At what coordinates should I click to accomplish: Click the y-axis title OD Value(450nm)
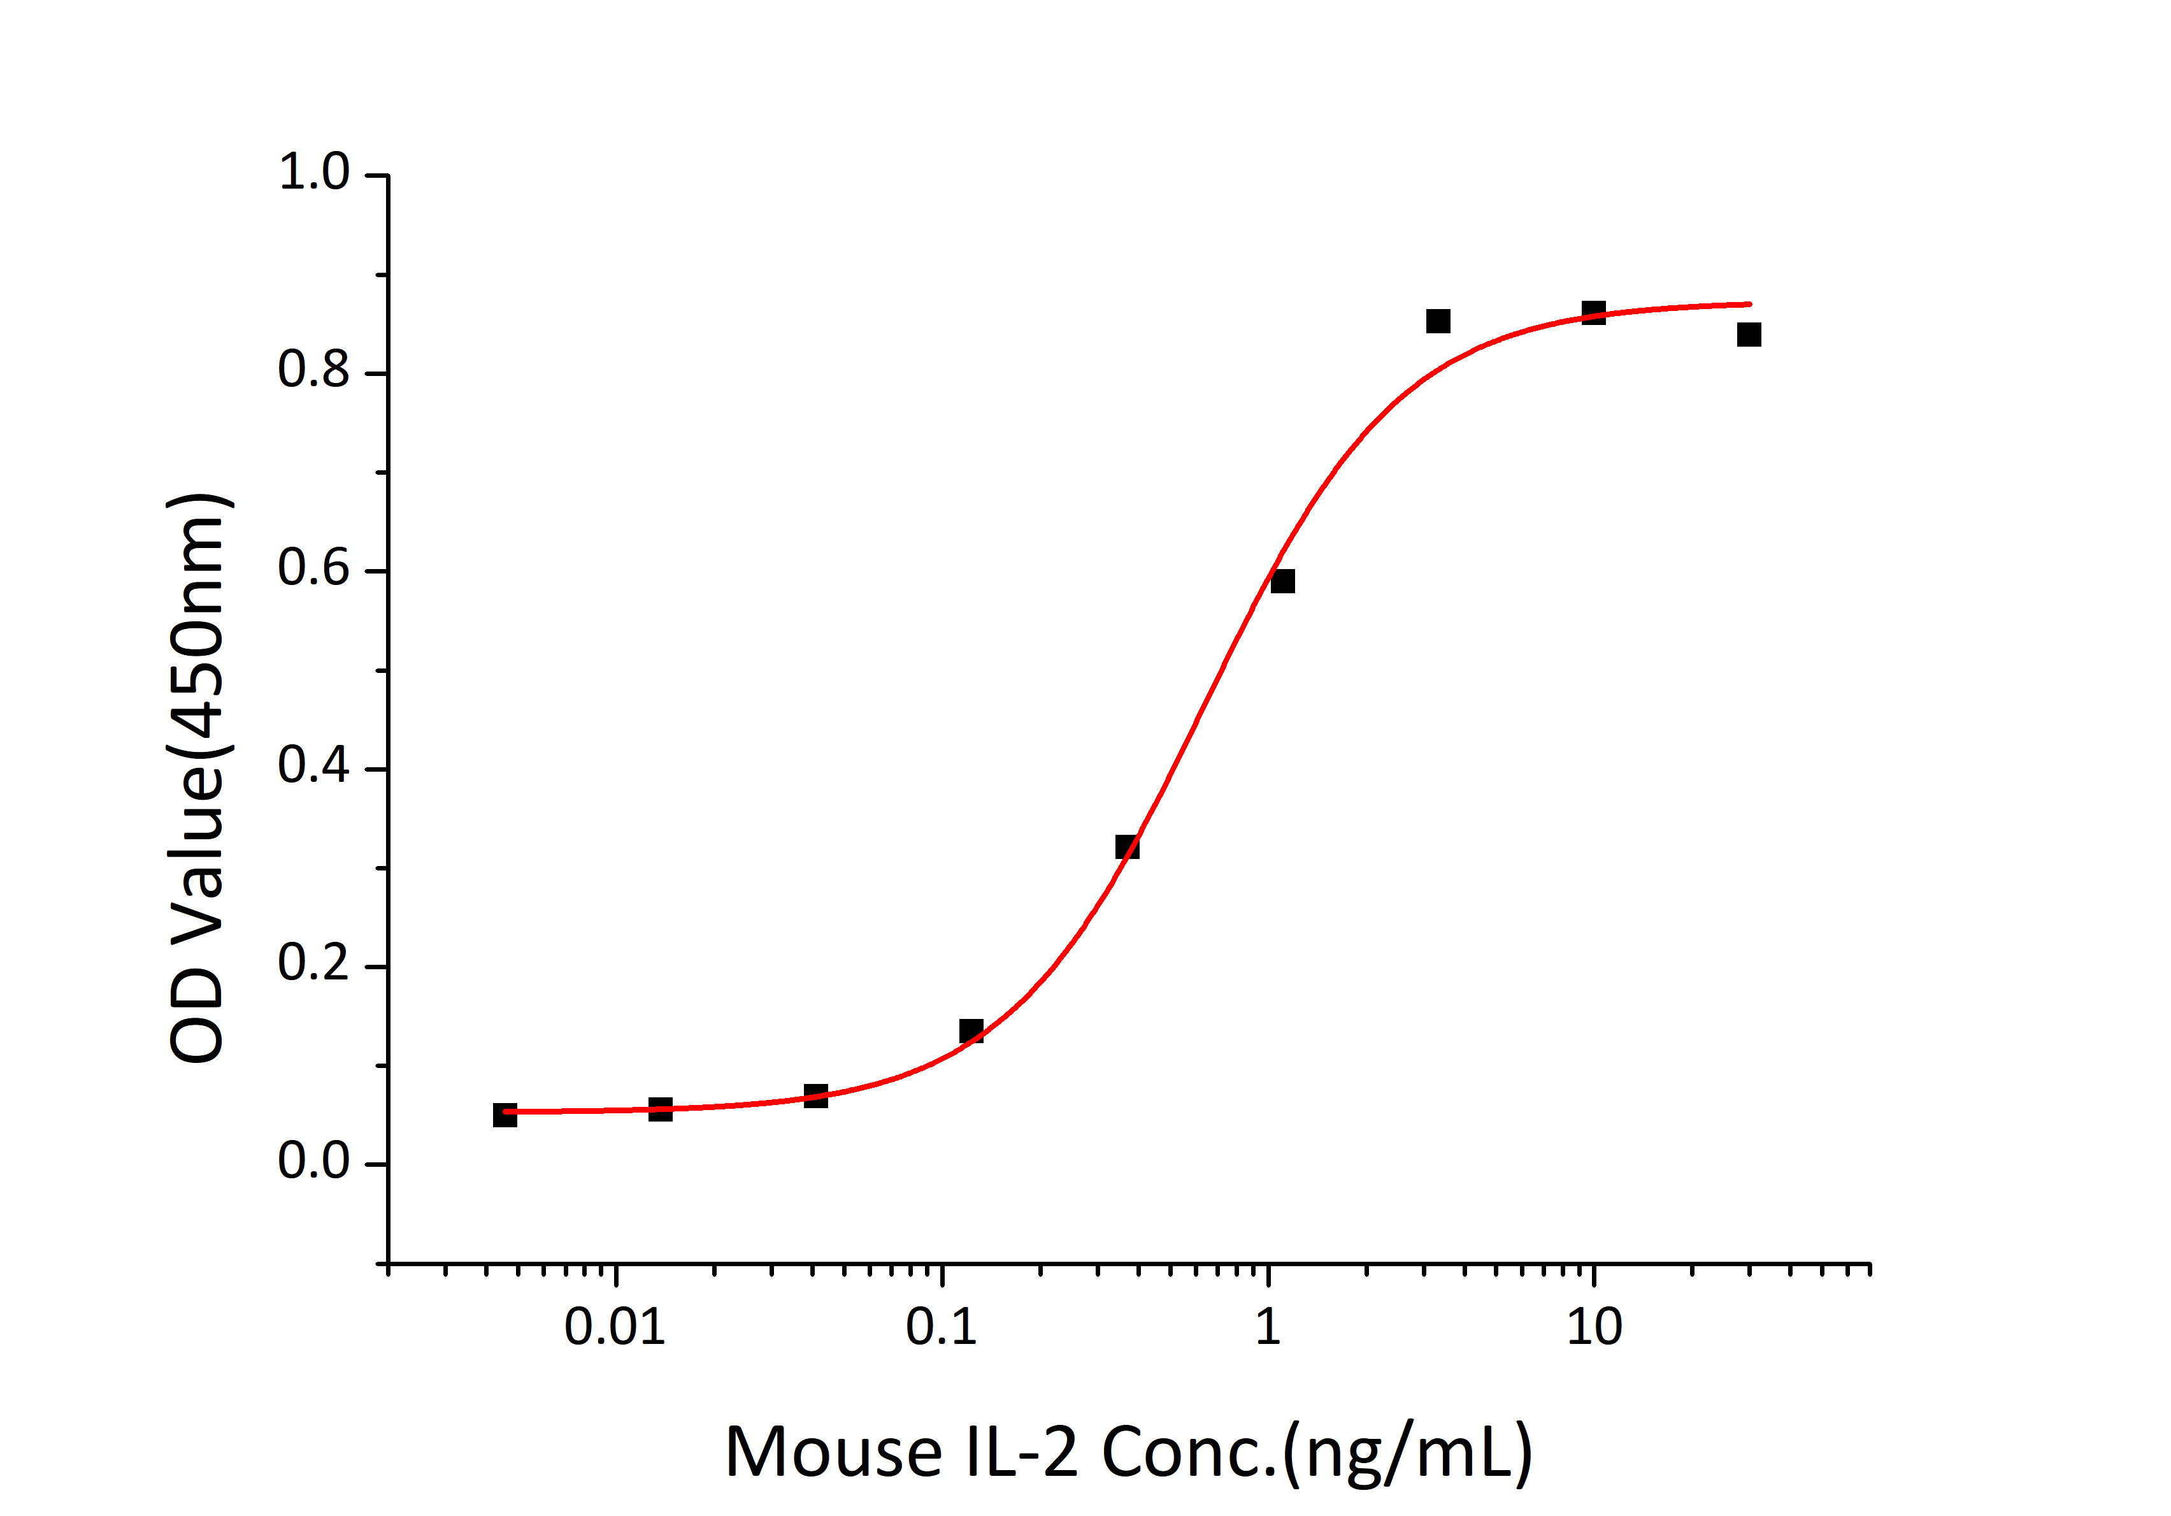coord(197,777)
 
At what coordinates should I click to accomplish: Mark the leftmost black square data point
coord(505,1115)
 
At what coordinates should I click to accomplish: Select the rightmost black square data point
coord(1749,335)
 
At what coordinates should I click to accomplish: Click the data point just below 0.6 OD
coord(1282,581)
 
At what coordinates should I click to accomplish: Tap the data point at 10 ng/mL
coord(1593,312)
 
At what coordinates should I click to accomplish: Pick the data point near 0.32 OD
coord(1127,846)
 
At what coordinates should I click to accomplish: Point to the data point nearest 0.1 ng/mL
coord(971,1031)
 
